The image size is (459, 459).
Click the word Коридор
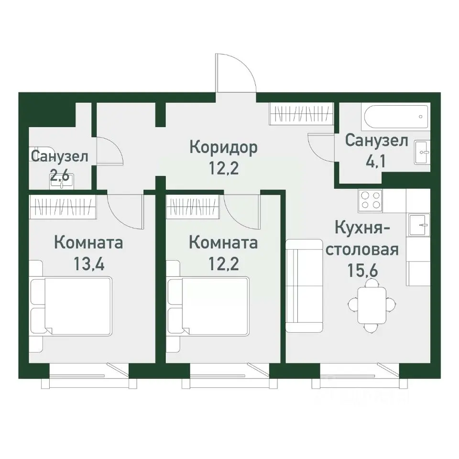223,147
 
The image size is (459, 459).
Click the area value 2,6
60,175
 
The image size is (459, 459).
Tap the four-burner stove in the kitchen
371,200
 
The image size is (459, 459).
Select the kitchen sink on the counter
419,224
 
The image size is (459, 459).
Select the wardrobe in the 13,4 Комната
62,206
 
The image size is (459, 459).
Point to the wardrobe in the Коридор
301,114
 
